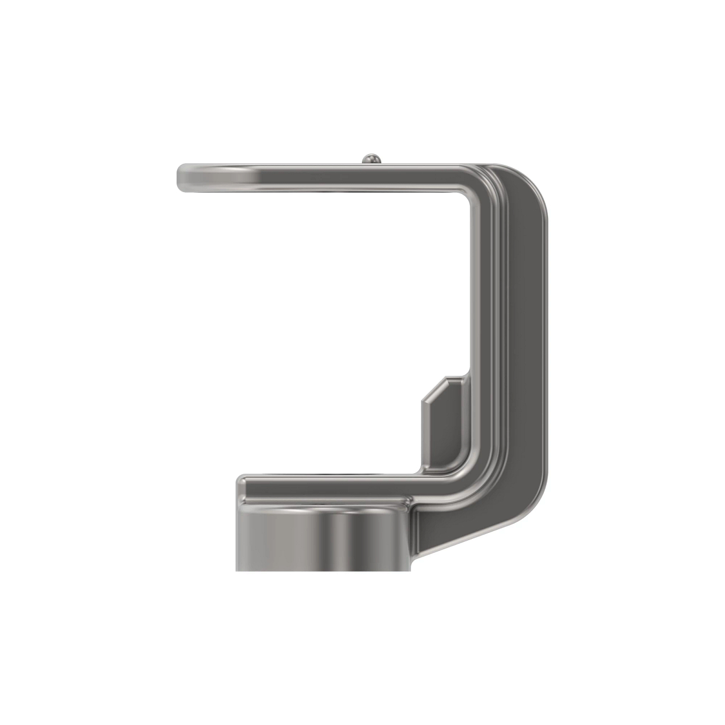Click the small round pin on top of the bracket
371,159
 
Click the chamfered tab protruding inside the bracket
444,423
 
